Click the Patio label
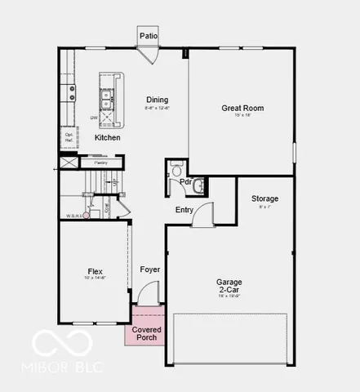pos(148,36)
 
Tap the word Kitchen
pos(107,138)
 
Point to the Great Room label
pos(242,108)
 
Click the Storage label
pos(264,198)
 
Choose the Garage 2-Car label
pos(229,286)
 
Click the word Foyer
pos(149,269)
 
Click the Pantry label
pos(100,163)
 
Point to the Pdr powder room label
pos(186,182)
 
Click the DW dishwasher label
pos(95,118)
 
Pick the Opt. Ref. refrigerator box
pos(69,139)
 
